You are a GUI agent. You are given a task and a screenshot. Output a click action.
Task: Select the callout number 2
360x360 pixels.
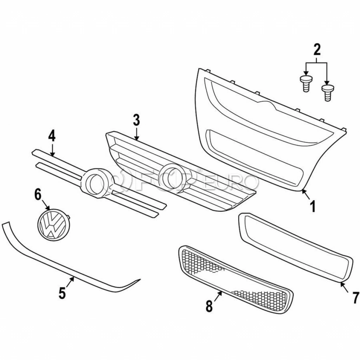click(317, 50)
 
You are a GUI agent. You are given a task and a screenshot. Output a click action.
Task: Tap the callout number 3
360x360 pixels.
click(136, 121)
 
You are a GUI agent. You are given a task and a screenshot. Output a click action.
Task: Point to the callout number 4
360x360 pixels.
click(52, 136)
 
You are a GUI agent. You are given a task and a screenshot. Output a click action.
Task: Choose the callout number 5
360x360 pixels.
click(62, 292)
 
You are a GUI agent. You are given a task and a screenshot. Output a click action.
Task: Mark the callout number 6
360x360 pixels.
click(38, 194)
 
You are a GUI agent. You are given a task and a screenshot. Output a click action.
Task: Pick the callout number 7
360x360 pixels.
click(355, 297)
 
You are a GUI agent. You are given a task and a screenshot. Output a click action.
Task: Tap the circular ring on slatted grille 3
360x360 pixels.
click(173, 177)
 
